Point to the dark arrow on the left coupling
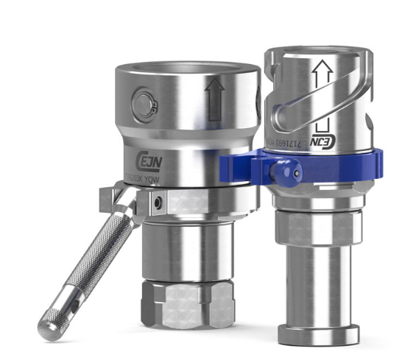coord(215,102)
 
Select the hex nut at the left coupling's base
coord(190,306)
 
